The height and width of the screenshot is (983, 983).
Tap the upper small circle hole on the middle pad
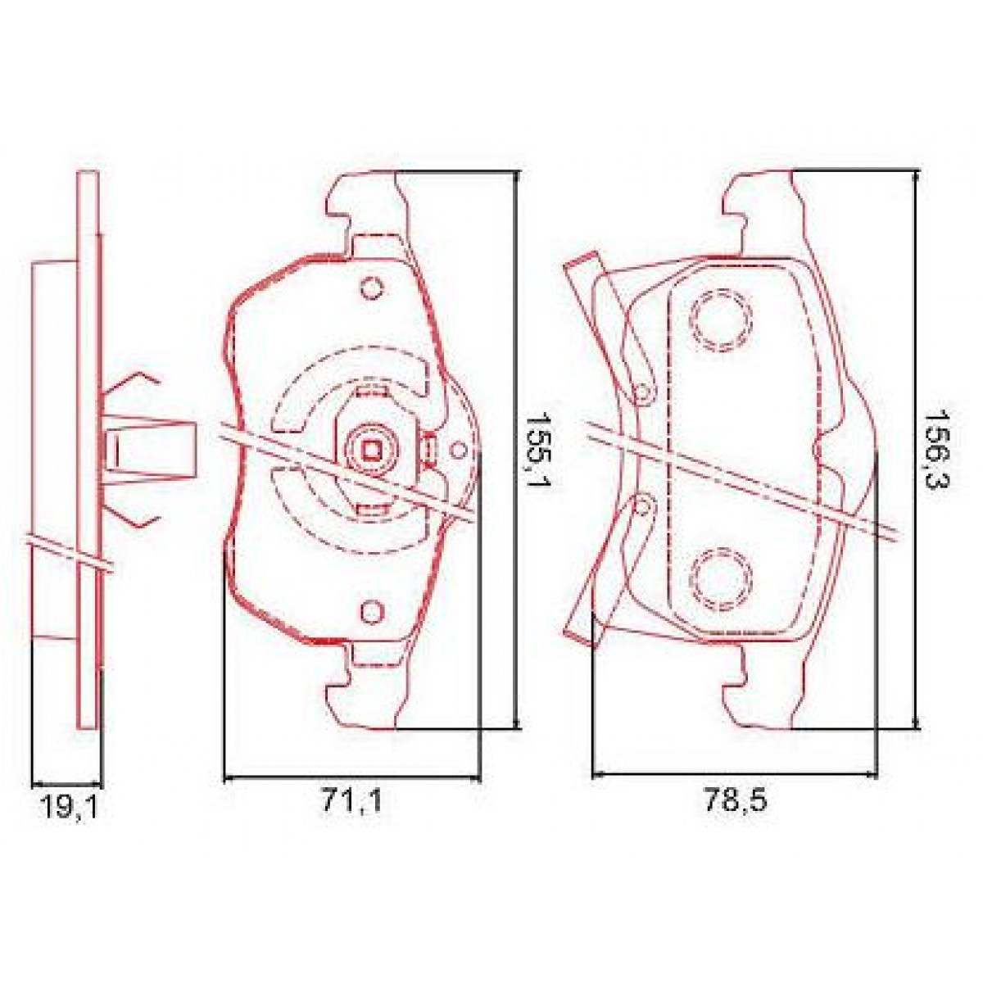(371, 288)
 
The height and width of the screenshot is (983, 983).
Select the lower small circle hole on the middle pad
(371, 610)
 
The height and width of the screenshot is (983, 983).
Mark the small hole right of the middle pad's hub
(458, 449)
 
